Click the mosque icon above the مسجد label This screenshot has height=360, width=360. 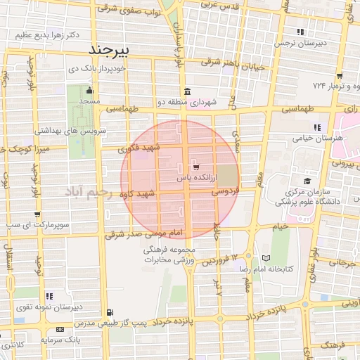point(89,91)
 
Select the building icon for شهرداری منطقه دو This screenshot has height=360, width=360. point(186,92)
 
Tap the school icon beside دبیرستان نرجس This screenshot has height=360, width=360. point(300,32)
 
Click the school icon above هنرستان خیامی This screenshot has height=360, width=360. point(317,127)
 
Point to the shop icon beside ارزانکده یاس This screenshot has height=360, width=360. point(195,167)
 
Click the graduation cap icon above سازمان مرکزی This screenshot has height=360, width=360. point(307,181)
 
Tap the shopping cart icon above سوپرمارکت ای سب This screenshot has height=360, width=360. point(37,215)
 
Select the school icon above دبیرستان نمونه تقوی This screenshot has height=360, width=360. point(48,296)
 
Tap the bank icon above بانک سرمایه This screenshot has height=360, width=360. point(59,328)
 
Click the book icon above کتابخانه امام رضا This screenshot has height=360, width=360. point(265,258)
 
